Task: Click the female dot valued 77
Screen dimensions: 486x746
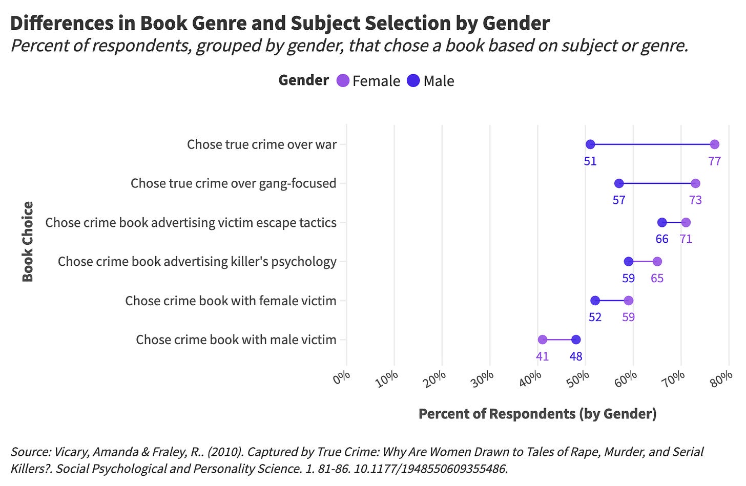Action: pos(715,144)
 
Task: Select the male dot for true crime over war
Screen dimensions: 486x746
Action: pos(590,144)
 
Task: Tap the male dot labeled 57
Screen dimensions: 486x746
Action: pos(619,183)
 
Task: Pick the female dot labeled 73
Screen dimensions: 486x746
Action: pos(695,183)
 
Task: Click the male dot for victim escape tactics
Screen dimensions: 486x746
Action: pos(662,222)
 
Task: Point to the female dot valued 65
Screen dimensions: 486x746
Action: pos(657,262)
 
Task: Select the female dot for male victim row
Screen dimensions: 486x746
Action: pos(543,340)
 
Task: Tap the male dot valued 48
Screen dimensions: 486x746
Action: pos(576,340)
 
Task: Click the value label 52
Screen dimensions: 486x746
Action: pos(595,317)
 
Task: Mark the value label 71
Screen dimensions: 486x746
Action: pos(686,239)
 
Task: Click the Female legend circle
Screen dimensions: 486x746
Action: pos(343,80)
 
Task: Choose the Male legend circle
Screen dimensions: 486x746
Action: pos(413,80)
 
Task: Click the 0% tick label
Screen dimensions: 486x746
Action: pos(342,378)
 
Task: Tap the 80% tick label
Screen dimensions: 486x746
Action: pos(721,378)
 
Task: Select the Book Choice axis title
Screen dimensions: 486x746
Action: pos(28,242)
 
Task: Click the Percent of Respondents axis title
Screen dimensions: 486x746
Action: pos(537,414)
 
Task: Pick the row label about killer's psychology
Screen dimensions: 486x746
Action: pos(197,262)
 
